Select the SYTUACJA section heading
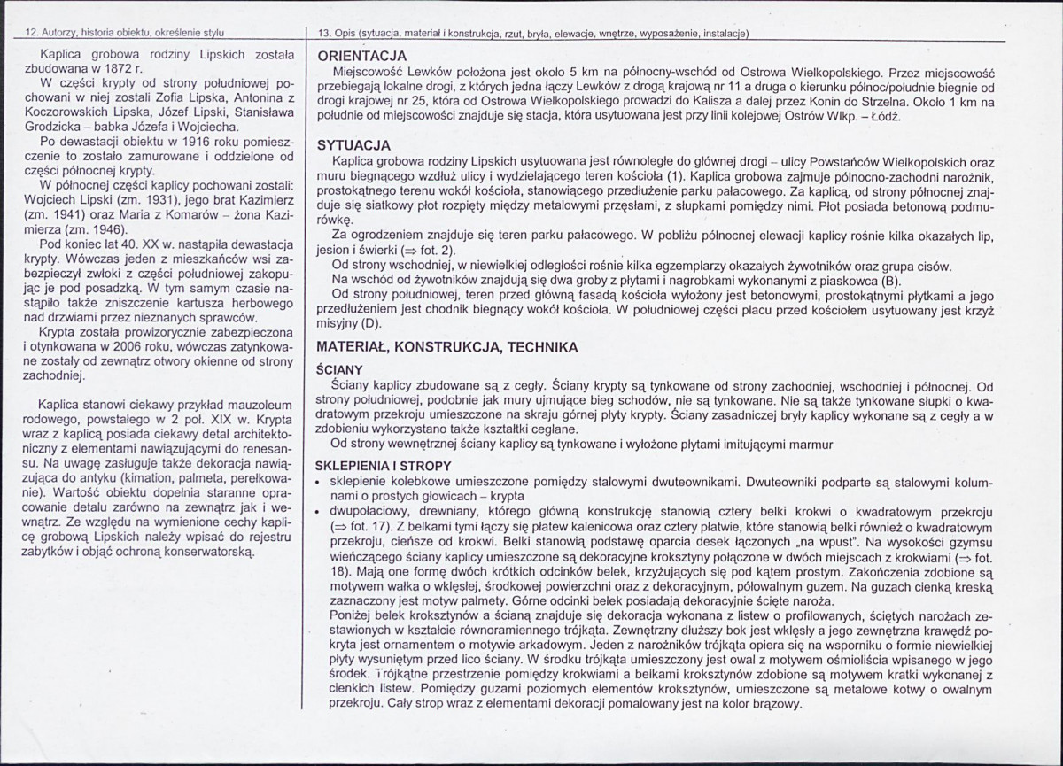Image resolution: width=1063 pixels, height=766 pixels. tap(355, 146)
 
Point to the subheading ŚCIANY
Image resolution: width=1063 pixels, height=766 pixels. tap(339, 370)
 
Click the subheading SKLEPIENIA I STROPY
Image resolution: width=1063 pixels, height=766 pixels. tap(384, 467)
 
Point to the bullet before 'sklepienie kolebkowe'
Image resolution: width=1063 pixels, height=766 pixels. tap(318, 482)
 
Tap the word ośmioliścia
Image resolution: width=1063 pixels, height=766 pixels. tap(889, 661)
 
